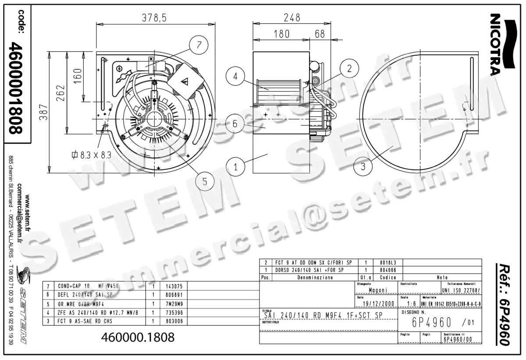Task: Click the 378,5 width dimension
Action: tap(154, 18)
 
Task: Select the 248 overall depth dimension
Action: tap(291, 18)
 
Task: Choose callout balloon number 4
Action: tap(235, 76)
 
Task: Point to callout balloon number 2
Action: tap(349, 68)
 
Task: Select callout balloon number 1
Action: tap(235, 166)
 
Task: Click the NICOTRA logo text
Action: tap(495, 44)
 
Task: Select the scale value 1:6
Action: tap(411, 304)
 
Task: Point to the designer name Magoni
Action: tap(377, 290)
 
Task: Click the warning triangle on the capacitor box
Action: tap(186, 81)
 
